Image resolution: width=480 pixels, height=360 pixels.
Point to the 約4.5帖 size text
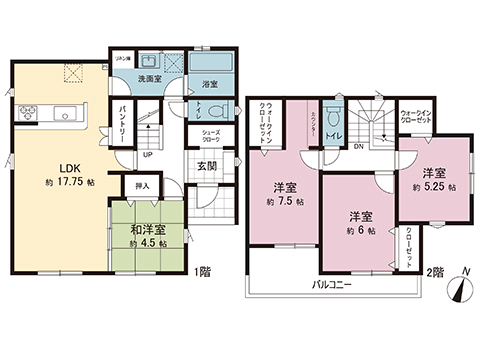coord(147,244)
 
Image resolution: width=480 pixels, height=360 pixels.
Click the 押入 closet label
coord(142,185)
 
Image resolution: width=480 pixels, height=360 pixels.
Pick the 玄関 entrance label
coord(208,166)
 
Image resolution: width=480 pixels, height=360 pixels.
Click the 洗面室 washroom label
coord(150,78)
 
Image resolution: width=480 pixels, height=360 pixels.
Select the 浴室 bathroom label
coord(210,84)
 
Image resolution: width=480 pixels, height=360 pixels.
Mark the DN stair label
coord(360,144)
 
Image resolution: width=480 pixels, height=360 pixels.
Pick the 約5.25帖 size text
coord(434,187)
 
